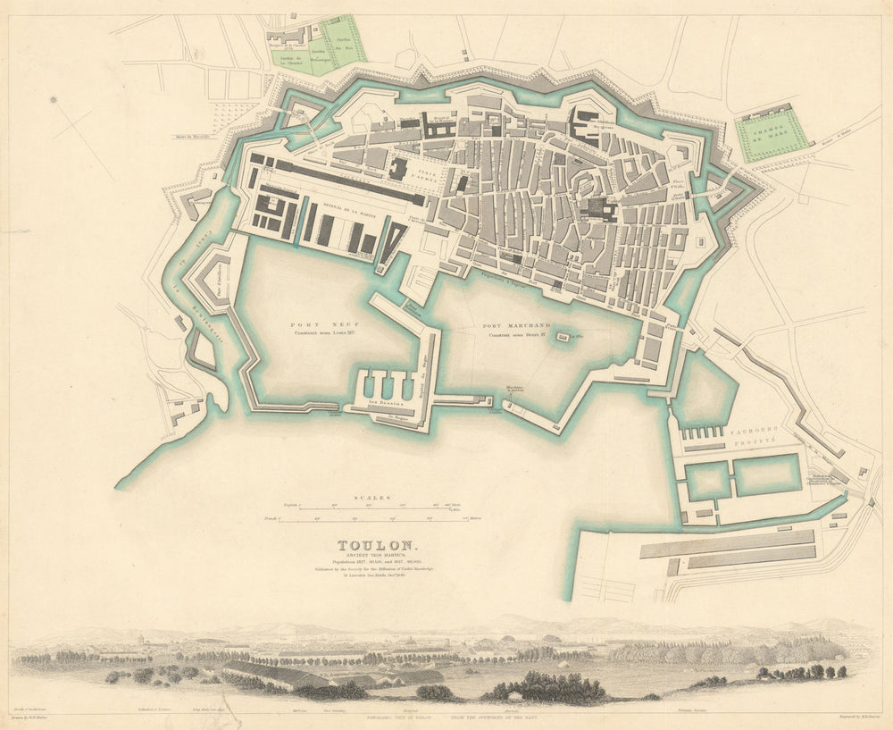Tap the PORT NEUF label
point(312,326)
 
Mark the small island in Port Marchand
point(563,338)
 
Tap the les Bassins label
point(386,404)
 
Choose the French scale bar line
point(366,520)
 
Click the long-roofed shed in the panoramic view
point(268,675)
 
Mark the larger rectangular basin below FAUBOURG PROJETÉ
point(766,474)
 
